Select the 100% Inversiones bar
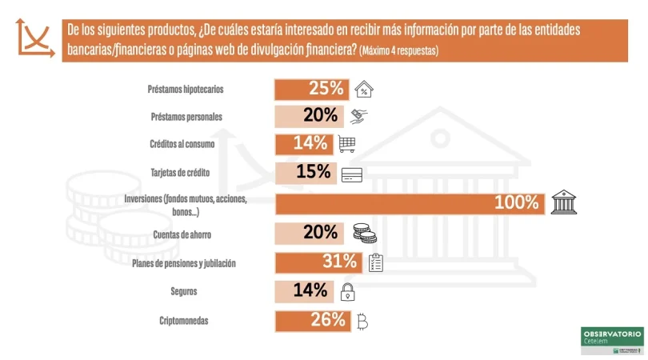(410, 202)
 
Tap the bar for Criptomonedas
(313, 321)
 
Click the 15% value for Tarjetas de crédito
(313, 172)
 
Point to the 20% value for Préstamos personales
(320, 115)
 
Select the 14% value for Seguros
(310, 290)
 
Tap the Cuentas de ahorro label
(182, 235)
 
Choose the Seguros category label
(183, 291)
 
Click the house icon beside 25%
(364, 89)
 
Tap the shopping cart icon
(347, 144)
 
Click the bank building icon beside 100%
(563, 202)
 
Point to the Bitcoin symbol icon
(362, 322)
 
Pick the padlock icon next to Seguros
(346, 291)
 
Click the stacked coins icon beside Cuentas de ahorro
(364, 233)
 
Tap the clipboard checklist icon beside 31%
(376, 262)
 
